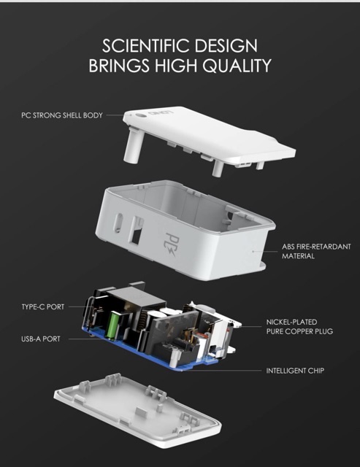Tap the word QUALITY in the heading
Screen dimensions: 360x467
[237, 66]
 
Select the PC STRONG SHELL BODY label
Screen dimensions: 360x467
[62, 115]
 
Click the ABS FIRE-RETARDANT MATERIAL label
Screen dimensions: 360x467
[316, 251]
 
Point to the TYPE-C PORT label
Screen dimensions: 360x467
[42, 306]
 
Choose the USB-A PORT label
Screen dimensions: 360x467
[41, 339]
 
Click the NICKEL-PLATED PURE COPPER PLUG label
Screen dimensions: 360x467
[299, 327]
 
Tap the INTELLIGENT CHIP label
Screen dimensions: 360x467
[295, 371]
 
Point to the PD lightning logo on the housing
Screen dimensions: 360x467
[172, 245]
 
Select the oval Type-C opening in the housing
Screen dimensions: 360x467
[118, 223]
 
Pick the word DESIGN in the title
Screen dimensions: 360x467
[226, 46]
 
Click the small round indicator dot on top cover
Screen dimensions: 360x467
[139, 115]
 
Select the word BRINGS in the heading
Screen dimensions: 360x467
[119, 66]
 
